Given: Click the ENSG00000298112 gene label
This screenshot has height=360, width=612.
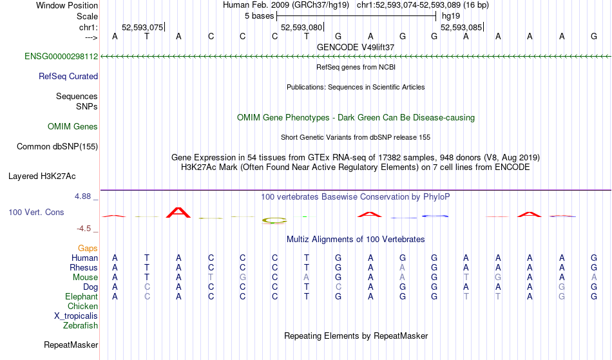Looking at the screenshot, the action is tap(61, 56).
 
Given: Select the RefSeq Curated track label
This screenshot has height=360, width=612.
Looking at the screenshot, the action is tap(68, 76).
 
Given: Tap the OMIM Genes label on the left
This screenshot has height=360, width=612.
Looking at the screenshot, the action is tap(73, 126).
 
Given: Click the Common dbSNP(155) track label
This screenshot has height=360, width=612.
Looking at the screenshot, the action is tap(57, 146).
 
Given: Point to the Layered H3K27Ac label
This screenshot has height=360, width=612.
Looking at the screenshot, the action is tap(42, 176).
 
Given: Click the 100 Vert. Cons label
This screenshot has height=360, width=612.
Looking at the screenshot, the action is tap(36, 212).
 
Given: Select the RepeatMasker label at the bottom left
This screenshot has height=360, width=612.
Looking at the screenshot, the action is tap(71, 345).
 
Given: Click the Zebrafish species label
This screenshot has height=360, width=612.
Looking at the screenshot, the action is tap(81, 325).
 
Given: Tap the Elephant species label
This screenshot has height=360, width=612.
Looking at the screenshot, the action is tap(82, 296).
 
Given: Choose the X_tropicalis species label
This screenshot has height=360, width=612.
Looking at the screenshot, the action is tap(76, 316).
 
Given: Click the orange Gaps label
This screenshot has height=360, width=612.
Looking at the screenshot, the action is tap(88, 248).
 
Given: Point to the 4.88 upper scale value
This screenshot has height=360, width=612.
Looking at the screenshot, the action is tap(83, 196).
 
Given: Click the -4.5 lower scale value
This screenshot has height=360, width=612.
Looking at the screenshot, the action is tap(84, 228).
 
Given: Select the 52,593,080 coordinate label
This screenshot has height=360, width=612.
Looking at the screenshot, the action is tap(301, 27).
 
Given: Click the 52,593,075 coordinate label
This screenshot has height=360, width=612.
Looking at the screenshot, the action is tap(142, 27).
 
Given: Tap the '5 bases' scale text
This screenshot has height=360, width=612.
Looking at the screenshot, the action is tap(260, 16).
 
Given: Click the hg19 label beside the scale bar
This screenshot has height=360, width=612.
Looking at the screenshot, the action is tap(451, 16).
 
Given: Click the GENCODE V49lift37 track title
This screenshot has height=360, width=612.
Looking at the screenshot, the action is tap(356, 47).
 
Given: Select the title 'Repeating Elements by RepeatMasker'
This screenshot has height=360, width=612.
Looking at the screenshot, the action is tap(356, 336).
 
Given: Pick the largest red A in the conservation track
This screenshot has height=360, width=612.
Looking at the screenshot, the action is tap(178, 213).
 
